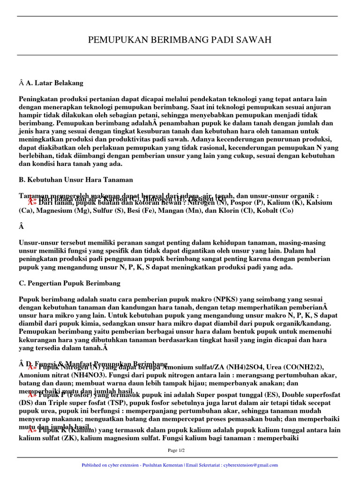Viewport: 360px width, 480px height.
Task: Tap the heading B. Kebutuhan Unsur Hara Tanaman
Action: (x=76, y=180)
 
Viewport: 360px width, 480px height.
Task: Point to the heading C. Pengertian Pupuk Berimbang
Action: (x=69, y=283)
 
